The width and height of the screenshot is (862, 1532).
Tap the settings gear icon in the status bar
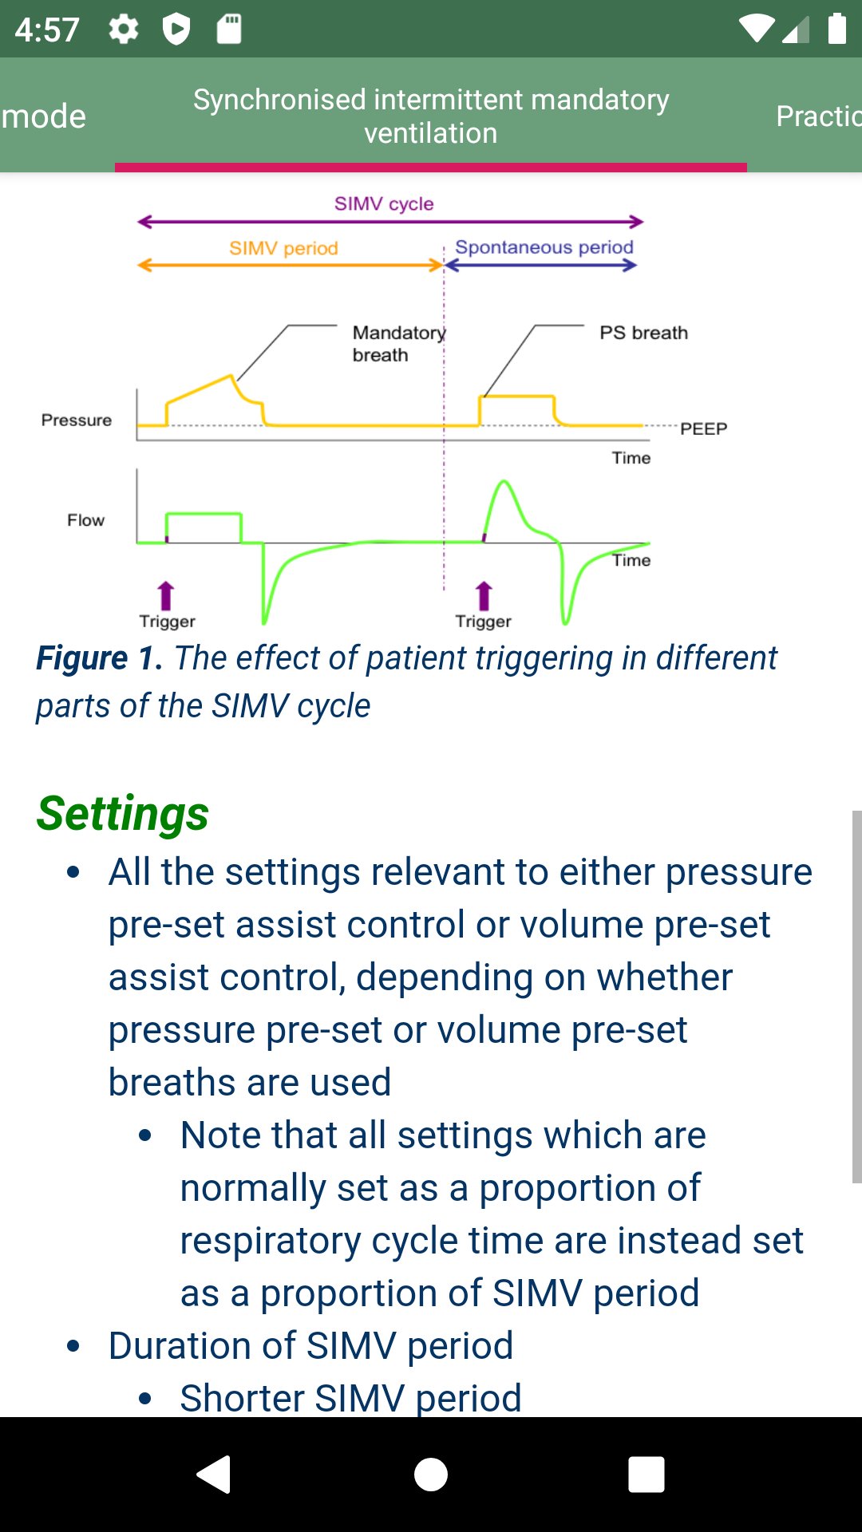click(x=124, y=30)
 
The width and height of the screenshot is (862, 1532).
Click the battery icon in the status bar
click(x=836, y=29)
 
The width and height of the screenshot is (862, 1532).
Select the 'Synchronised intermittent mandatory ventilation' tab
click(x=431, y=116)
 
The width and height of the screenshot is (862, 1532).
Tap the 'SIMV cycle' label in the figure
click(x=384, y=204)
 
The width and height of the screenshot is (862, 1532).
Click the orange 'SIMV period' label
click(x=283, y=248)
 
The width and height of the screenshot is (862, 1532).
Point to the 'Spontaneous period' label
click(x=544, y=247)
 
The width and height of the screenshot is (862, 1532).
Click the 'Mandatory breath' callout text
click(x=398, y=343)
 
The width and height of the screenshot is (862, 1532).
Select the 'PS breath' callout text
click(x=643, y=333)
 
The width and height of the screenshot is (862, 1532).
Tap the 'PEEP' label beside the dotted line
click(x=703, y=429)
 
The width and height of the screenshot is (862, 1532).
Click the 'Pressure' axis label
click(x=77, y=421)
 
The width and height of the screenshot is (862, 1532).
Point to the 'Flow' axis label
click(x=85, y=520)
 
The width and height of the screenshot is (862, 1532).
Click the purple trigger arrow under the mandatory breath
click(x=166, y=595)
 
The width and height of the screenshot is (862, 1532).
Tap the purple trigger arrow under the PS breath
click(x=484, y=595)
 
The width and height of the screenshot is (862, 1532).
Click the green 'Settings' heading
click(x=123, y=813)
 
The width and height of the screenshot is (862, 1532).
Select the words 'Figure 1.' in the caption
click(x=100, y=658)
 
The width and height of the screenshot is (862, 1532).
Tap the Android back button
click(x=214, y=1475)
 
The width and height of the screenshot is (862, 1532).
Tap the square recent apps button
click(x=646, y=1475)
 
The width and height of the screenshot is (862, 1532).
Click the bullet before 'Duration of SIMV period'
click(x=73, y=1346)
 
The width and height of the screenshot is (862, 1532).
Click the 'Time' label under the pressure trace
click(x=631, y=458)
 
